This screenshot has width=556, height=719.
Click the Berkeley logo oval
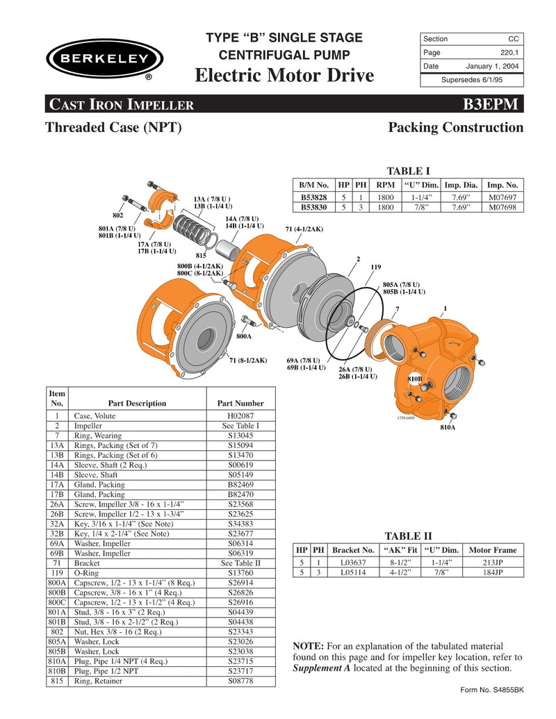pos(104,58)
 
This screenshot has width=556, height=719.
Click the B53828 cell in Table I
pos(313,197)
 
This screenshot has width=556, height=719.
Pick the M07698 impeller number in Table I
pos(502,207)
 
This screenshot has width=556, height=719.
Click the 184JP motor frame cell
pos(493,572)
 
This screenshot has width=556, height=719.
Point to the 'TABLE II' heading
pos(408,536)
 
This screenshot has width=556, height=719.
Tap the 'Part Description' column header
pos(137,403)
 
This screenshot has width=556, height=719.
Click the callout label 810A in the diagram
pos(448,428)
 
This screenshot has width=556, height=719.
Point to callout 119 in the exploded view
pos(376,267)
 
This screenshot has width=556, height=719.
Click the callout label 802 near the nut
pos(118,215)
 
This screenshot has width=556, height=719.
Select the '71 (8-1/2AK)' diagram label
pos(248,360)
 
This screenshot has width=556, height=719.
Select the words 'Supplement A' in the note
pos(323,668)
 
